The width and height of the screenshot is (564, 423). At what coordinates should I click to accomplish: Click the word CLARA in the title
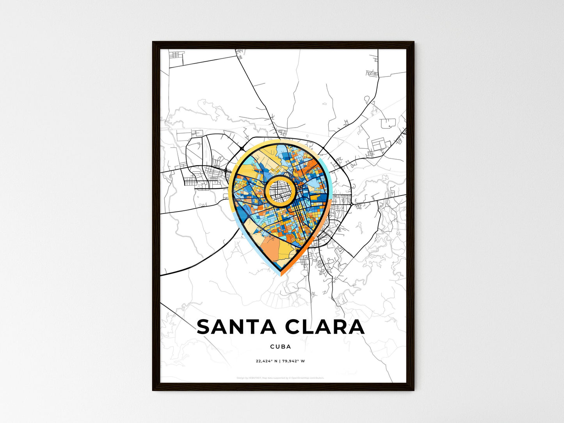[x=325, y=327]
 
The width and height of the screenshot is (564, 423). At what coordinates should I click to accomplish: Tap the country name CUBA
[x=280, y=347]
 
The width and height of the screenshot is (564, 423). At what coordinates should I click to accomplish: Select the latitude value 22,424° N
[x=267, y=361]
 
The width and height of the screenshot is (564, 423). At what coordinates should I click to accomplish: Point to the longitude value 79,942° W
[x=294, y=361]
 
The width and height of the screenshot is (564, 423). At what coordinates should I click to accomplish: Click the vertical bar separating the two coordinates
[x=280, y=361]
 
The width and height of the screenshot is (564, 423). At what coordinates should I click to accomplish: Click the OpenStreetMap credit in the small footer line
[x=308, y=378]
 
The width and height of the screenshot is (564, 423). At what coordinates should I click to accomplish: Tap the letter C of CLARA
[x=295, y=327]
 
